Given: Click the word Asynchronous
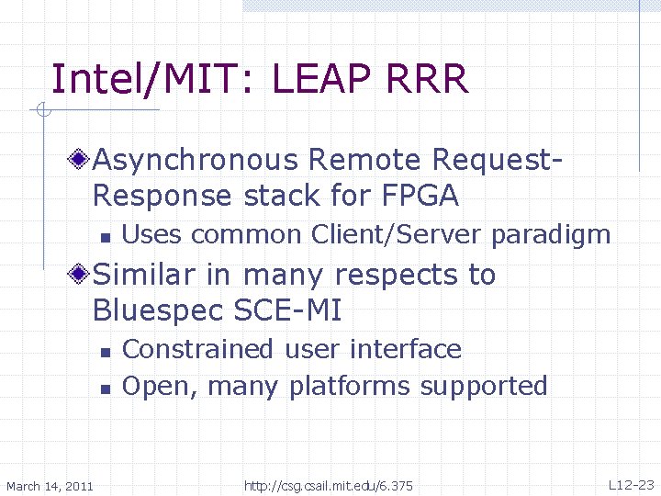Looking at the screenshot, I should click(x=196, y=160).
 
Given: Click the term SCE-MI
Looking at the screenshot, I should click(x=292, y=310).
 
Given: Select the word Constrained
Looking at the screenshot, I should click(x=198, y=349).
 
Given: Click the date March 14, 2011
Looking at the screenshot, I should click(x=50, y=485).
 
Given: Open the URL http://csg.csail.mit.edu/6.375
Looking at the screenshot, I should click(x=329, y=485).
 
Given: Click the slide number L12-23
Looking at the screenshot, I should click(x=631, y=484).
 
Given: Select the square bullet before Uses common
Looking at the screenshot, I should click(x=106, y=237).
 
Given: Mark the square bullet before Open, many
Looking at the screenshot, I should click(x=106, y=389).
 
